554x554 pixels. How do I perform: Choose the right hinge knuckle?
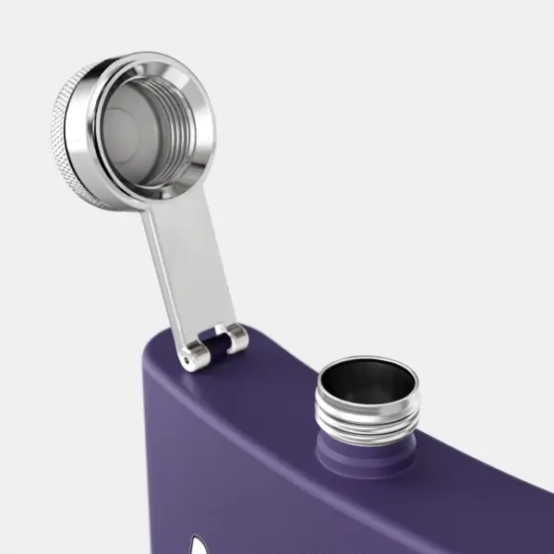click(x=235, y=338)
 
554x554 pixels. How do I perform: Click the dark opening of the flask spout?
click(x=367, y=379)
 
